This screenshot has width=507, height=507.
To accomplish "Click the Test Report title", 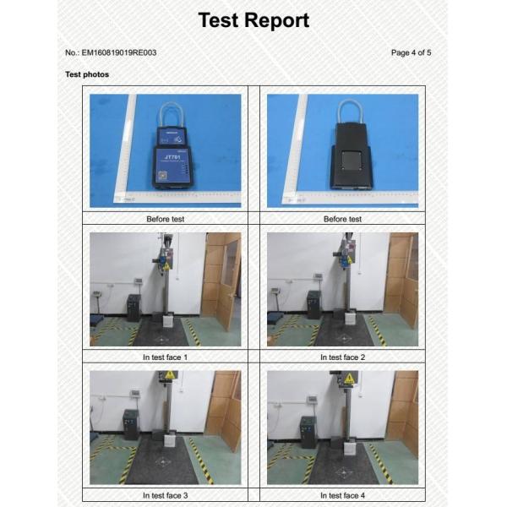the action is pos(253,20).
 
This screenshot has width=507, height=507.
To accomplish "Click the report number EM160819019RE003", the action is pos(119,52).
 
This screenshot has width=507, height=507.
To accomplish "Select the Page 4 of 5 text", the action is pos(411,52).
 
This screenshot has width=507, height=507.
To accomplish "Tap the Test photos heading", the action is pos(87,74).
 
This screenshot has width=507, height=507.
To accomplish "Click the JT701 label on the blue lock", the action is pos(172,157).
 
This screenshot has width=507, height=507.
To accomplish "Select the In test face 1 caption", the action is pos(165,357).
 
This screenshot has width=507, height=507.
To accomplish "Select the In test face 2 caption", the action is pos(342,357).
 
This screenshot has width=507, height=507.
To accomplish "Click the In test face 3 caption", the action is pos(165,495).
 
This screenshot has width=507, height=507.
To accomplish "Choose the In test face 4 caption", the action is pos(342,495).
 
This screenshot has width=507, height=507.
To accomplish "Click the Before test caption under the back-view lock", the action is pos(342,219).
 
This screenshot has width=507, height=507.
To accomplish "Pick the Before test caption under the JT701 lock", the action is pos(166,219).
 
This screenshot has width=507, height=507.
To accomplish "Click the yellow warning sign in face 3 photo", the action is pos(170,374).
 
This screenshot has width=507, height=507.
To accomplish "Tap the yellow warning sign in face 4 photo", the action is pos(349,378).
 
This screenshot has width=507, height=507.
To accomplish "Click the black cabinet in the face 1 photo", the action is pos(134,308).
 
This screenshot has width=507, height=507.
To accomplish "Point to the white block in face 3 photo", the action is pos(170,441).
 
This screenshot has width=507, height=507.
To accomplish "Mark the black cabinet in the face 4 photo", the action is pos(308,432).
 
